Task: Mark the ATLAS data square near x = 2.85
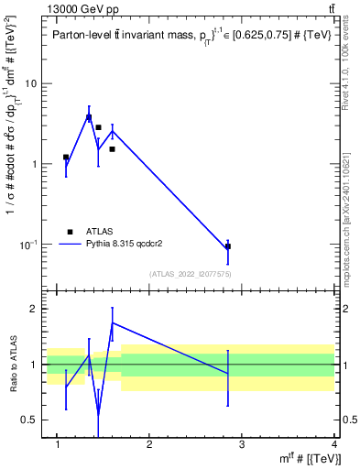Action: tap(228, 246)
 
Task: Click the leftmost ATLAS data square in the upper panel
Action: tap(66, 158)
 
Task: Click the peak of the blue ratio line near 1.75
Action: tap(112, 322)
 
